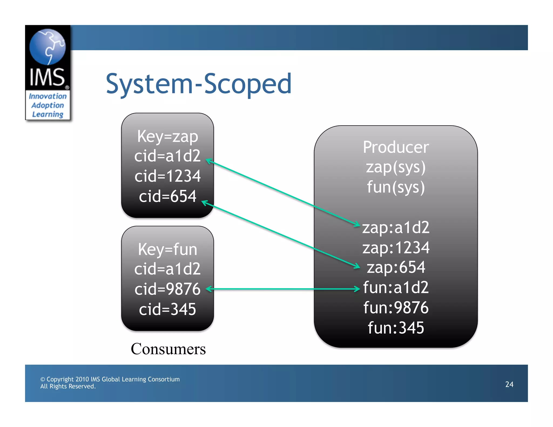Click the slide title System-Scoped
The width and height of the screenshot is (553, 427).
click(x=198, y=84)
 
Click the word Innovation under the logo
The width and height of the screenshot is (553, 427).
click(x=48, y=96)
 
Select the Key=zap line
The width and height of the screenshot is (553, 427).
click(x=167, y=136)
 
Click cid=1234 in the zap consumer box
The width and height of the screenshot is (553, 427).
click(x=167, y=176)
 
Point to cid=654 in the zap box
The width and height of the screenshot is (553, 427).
click(x=167, y=196)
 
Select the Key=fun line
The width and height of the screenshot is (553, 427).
click(x=167, y=249)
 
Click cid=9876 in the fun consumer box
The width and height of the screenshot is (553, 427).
click(x=167, y=289)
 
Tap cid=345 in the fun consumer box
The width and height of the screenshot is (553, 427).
click(x=167, y=309)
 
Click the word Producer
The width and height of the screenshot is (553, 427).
click(x=396, y=147)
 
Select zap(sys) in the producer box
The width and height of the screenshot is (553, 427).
click(x=396, y=167)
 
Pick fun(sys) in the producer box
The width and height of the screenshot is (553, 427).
click(x=396, y=187)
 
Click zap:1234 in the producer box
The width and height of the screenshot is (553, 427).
click(x=396, y=248)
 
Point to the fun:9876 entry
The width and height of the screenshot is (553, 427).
click(x=396, y=308)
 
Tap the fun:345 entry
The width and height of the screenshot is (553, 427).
click(x=396, y=328)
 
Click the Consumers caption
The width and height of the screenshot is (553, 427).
click(x=168, y=349)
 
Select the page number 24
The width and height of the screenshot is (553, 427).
click(x=509, y=384)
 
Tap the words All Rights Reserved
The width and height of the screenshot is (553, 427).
click(x=68, y=387)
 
